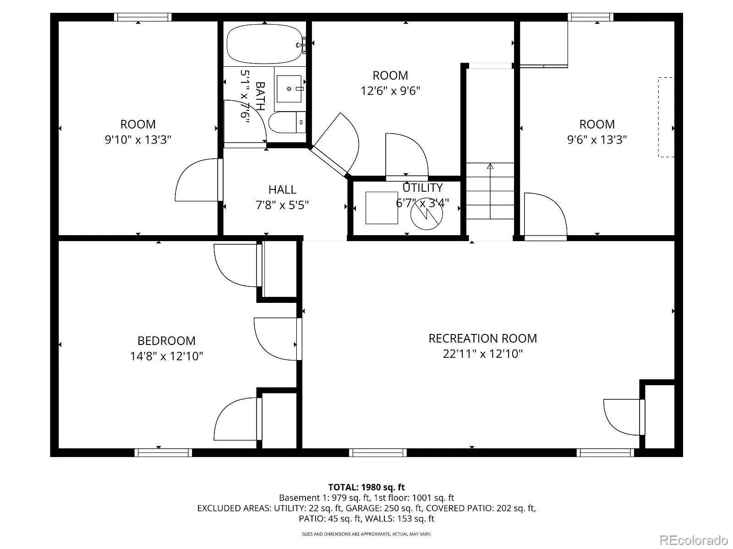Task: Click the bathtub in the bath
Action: pos(266,43)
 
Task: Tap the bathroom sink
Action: pos(289,89)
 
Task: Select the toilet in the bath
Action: pos(287,122)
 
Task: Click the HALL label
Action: pos(282,190)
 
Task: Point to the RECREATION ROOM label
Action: pos(482,339)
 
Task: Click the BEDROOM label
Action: pos(166,341)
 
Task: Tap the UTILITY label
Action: pos(422,188)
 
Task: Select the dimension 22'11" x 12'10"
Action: pos(482,354)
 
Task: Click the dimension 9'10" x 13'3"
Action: pos(138,140)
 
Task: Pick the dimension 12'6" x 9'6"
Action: pos(390,91)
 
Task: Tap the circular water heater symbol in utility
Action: pos(427,214)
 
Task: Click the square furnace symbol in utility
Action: pos(382,208)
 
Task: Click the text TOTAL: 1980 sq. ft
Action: pos(366,487)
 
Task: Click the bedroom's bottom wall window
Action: pos(163,452)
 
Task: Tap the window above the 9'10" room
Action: pos(142,17)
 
